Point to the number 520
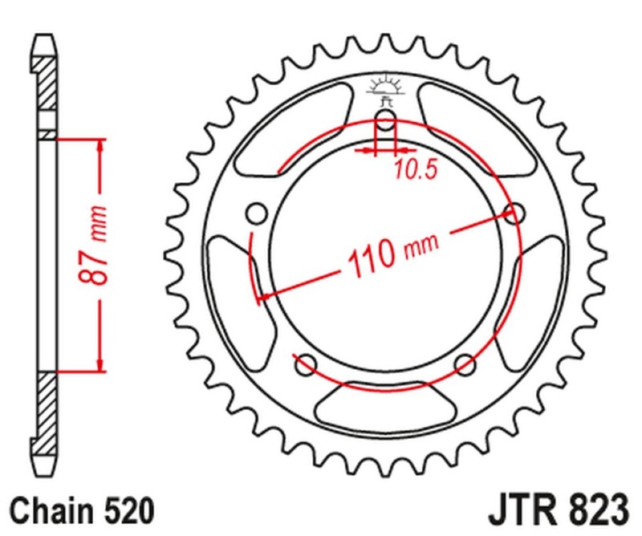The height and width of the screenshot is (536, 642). coord(127,510)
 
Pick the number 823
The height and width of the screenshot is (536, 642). coord(595,510)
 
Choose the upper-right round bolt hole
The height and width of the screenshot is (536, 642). coord(514,213)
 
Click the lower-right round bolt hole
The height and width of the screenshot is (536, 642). coord(465,365)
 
